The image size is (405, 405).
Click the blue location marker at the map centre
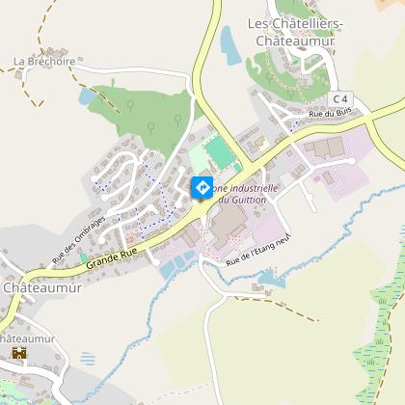coord(202,186)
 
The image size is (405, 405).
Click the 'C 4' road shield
coord(338,98)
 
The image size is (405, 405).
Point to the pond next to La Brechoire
coord(87,97)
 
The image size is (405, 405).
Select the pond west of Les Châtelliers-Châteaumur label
coord(229,42)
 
